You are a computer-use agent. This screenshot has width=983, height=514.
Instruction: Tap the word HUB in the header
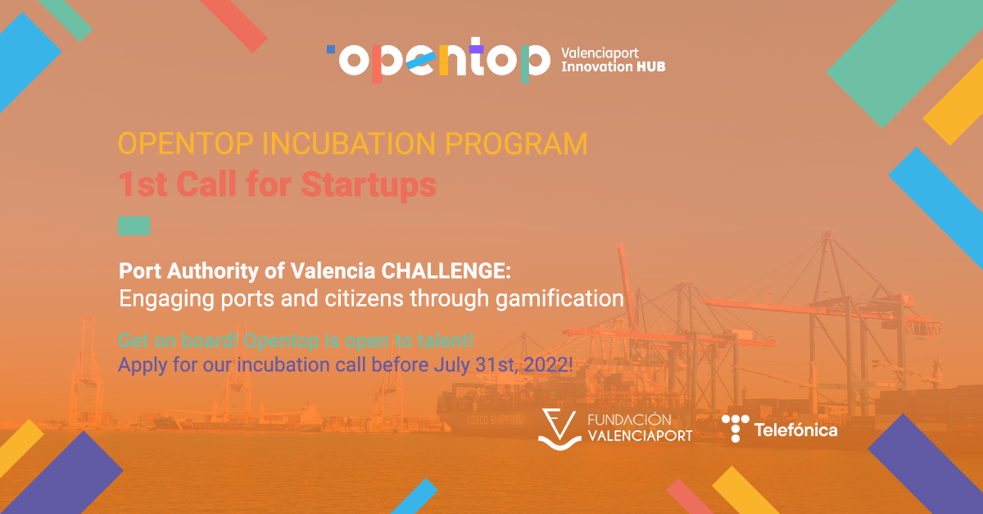click(x=650, y=66)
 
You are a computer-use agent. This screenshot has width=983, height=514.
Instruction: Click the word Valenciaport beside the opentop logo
click(x=599, y=51)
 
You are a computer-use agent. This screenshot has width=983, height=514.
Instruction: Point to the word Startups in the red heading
click(x=368, y=184)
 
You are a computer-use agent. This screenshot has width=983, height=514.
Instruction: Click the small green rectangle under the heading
click(x=134, y=225)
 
